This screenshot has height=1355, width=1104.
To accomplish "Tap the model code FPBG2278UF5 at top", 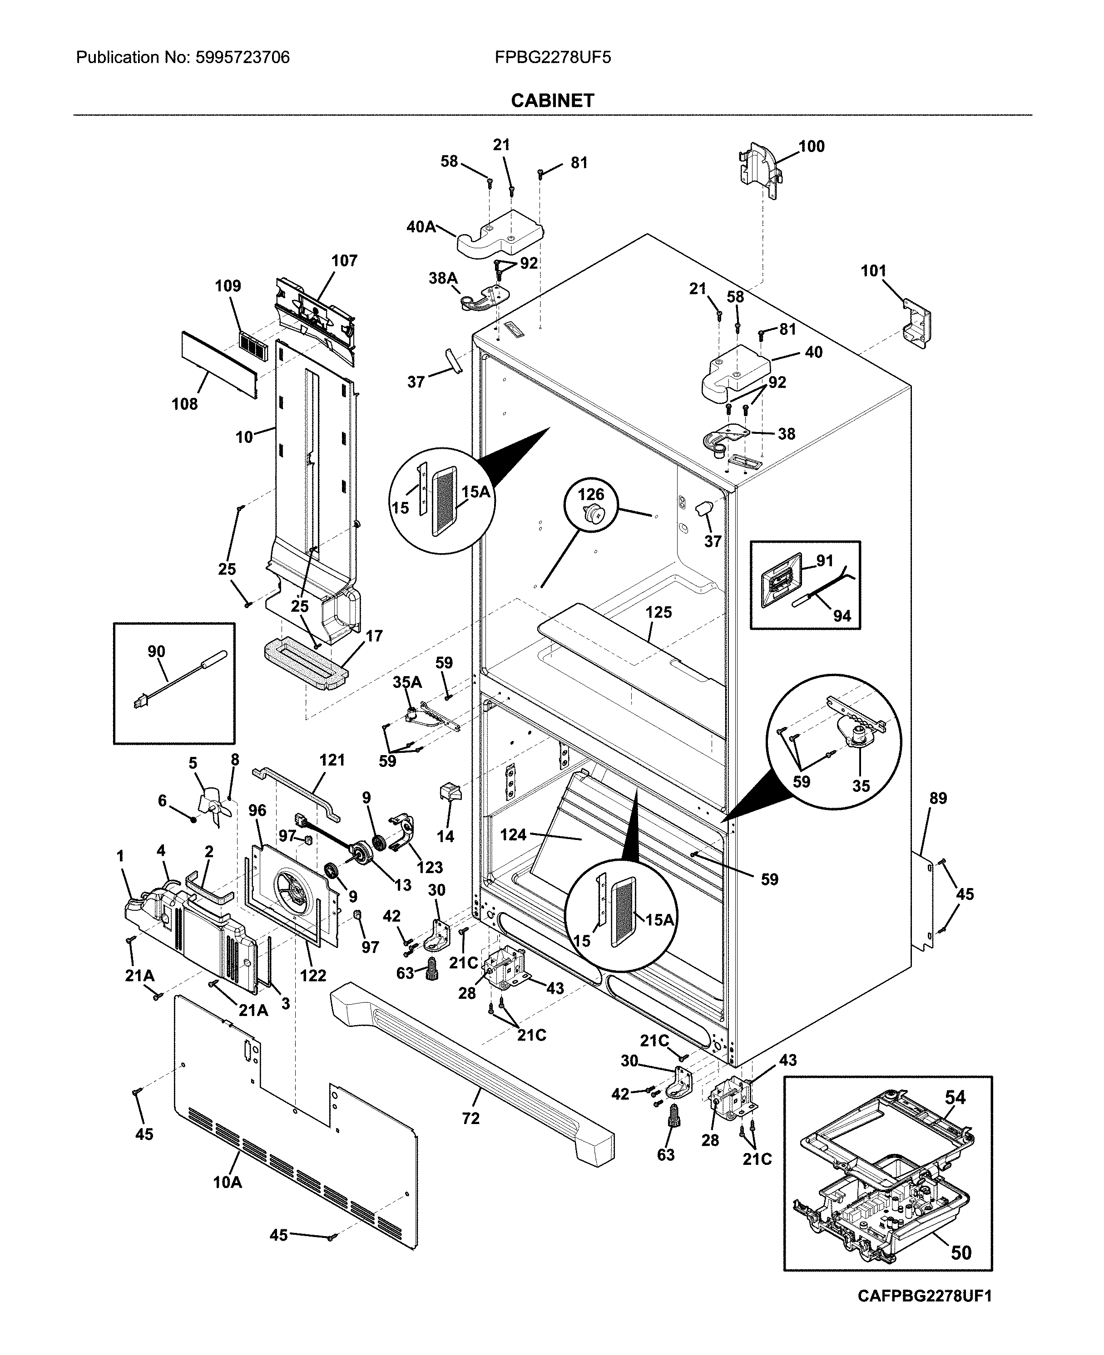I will point(553,58).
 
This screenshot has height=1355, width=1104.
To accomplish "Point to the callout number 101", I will point(873,271).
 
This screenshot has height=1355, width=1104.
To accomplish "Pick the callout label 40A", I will point(421,226).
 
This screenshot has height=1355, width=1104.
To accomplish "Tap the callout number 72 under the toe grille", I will point(470,1118).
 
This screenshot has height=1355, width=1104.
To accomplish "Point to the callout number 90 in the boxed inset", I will point(156,652).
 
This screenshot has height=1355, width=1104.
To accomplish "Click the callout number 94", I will point(842,615).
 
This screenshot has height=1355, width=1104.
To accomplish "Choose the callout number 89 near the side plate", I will point(938,798).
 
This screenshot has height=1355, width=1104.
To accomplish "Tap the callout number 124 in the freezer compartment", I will point(513,834).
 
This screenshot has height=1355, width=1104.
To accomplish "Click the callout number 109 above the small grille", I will point(228,286).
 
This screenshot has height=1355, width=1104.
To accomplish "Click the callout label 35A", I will point(407,682).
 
